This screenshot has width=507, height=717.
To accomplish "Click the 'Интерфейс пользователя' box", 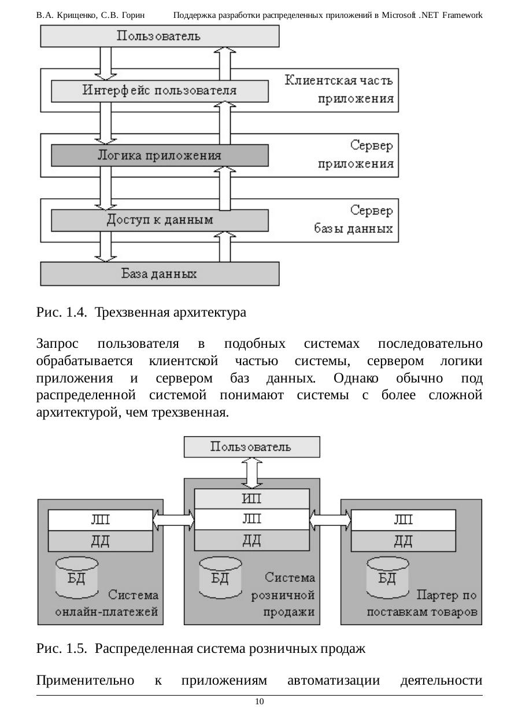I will tap(160, 91).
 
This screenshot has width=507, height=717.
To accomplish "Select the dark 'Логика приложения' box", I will tap(160, 156).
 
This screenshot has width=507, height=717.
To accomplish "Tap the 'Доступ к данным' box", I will tap(160, 221).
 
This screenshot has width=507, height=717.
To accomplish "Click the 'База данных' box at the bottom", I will tap(160, 274).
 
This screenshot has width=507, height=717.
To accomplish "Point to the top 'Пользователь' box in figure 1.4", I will tap(160, 36).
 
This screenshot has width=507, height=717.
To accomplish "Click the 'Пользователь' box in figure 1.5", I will tap(251, 447).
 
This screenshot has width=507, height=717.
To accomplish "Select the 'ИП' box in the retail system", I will tap(251, 499).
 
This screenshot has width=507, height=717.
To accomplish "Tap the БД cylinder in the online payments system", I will tap(76, 577).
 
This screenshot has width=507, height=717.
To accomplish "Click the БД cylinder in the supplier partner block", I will tap(387, 577).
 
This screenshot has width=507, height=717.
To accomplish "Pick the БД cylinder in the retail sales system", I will tap(220, 577).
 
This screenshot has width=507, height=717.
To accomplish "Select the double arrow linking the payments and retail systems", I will tap(173, 520).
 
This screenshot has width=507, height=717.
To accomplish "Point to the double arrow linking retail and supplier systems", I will tap(330, 520).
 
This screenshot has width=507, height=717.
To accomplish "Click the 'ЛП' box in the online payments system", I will tap(101, 520).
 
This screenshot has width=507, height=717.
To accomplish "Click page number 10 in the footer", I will tap(260, 702).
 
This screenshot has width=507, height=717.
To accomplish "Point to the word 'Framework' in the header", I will tap(462, 15).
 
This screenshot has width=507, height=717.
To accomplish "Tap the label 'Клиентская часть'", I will tap(339, 80).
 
